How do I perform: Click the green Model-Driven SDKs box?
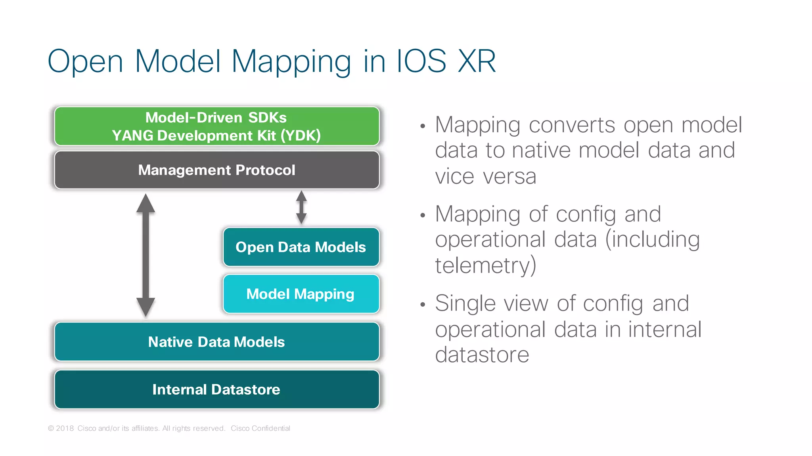(216, 126)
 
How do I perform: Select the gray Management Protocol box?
(216, 170)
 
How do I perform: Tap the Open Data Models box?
(301, 247)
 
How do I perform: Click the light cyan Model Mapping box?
(301, 294)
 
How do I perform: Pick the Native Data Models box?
(216, 342)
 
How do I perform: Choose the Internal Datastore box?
(216, 389)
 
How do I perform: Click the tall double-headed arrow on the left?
(146, 255)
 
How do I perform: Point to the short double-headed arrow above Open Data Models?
(301, 207)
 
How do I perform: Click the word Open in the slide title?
(85, 61)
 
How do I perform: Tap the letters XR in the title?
(476, 61)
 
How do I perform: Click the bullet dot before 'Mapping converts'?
(423, 126)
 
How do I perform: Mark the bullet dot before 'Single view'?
(423, 305)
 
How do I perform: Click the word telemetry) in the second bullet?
(485, 265)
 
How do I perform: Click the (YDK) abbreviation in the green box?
(301, 135)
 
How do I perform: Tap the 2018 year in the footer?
(65, 428)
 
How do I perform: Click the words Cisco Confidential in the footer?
(260, 428)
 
